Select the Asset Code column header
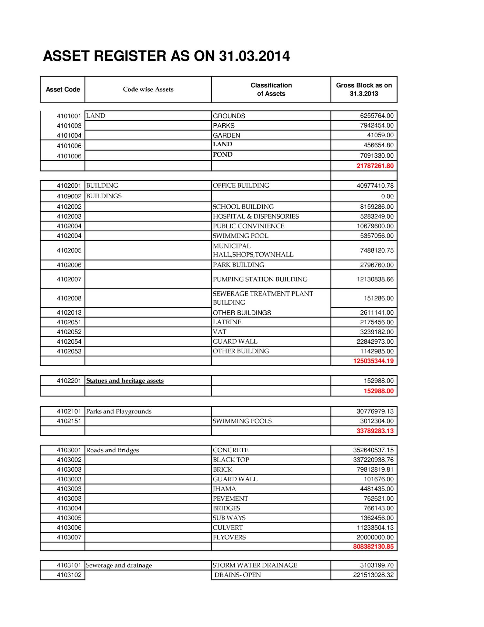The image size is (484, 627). point(63,89)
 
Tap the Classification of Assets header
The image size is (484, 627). point(271,89)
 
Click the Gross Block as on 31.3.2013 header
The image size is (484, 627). point(364,89)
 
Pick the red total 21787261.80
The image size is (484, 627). point(375,166)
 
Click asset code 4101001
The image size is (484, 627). point(69,116)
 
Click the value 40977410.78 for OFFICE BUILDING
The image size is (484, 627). point(375,186)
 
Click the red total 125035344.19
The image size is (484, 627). point(373,361)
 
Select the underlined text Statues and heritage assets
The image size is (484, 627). point(125,381)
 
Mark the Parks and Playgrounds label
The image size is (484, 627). point(119,412)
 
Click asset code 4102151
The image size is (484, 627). point(69,421)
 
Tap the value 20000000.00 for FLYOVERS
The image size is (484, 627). point(375,538)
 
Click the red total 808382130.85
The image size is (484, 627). point(373,547)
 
